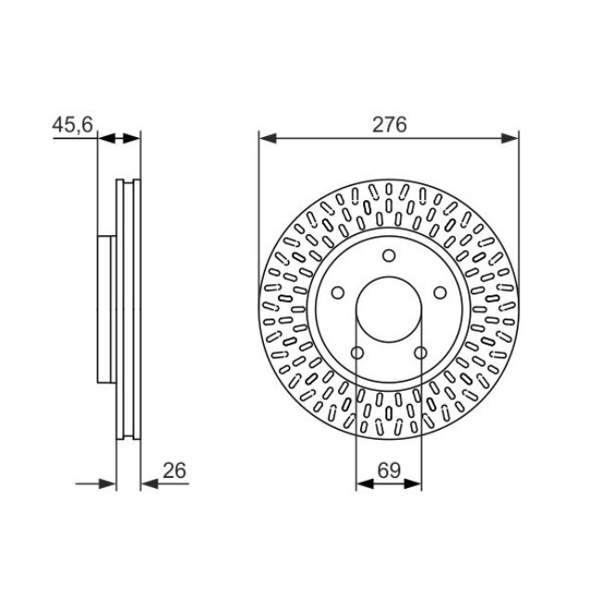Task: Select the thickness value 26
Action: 173,470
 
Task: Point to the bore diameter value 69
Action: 388,470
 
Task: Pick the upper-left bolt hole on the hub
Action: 339,294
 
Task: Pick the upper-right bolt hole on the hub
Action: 437,294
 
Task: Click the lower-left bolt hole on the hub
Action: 357,352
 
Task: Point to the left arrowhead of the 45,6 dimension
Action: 105,139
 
